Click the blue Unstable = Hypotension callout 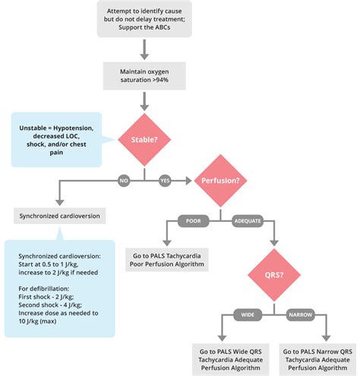pyautogui.click(x=55, y=139)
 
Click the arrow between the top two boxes pyautogui.click(x=143, y=49)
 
